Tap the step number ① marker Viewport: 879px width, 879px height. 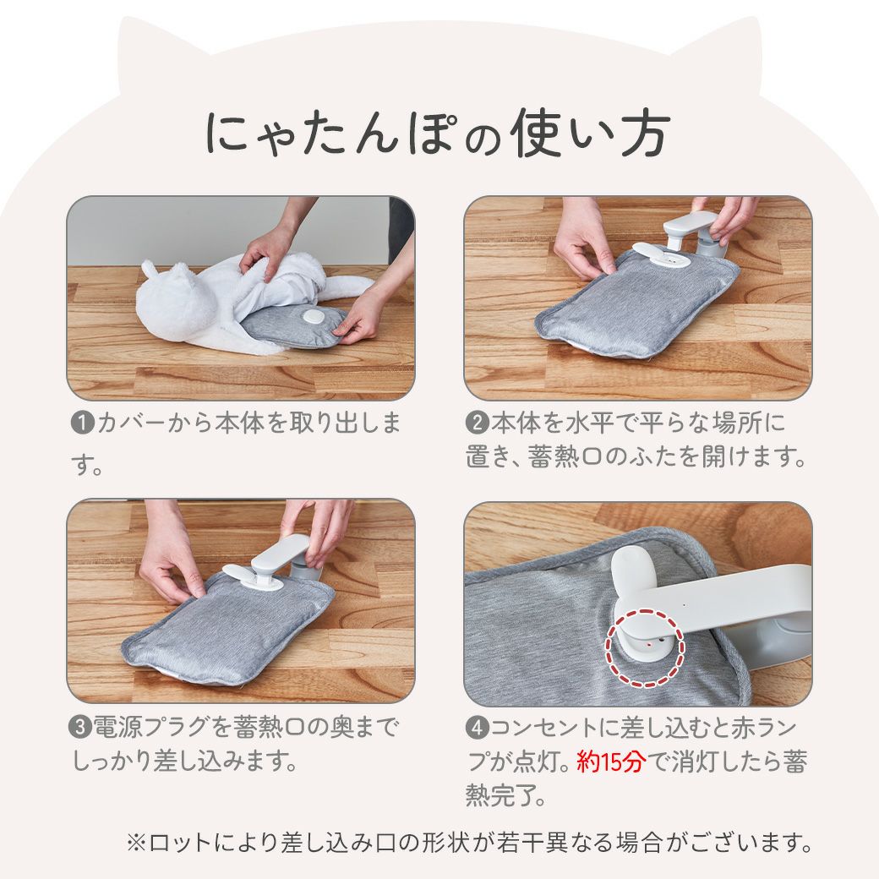(83, 423)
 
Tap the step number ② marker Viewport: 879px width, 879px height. (478, 423)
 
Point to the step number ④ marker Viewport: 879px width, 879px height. (478, 728)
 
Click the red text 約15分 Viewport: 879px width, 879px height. (612, 762)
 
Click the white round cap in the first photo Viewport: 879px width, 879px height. (312, 317)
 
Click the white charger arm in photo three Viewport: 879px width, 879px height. (281, 555)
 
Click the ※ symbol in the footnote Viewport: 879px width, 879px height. (136, 842)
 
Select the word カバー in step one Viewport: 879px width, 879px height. (131, 423)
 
